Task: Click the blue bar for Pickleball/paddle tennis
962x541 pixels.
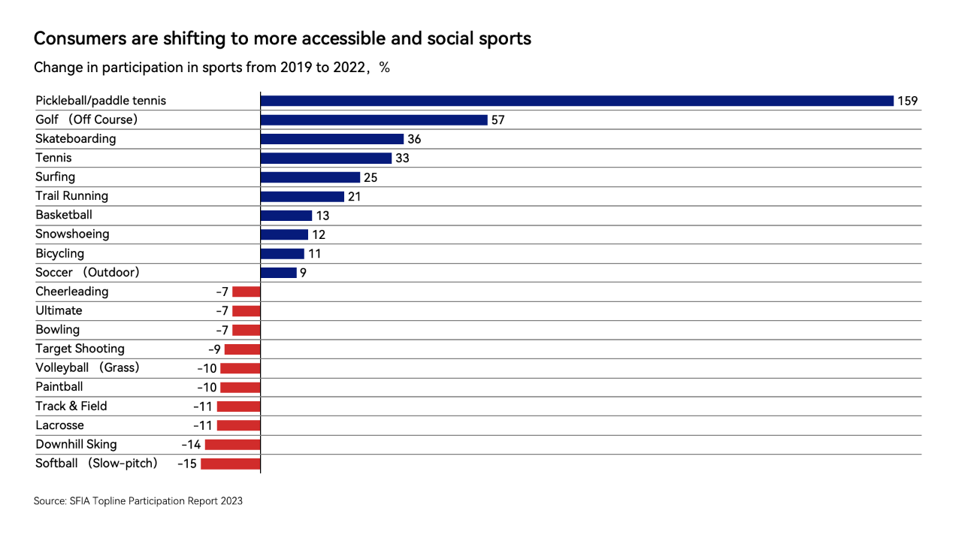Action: coord(576,101)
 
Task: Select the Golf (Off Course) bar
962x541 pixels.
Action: coord(374,119)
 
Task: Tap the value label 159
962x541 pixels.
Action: coord(907,101)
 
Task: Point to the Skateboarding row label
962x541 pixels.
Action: coord(76,139)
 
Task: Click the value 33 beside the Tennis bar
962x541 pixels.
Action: coord(402,158)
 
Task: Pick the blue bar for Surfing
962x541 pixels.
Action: coord(310,177)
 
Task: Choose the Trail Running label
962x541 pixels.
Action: coord(71,196)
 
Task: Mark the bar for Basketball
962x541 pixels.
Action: coord(286,216)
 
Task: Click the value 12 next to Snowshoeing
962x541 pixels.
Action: coord(319,234)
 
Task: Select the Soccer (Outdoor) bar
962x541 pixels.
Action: coord(278,273)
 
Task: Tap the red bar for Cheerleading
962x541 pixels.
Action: coord(246,292)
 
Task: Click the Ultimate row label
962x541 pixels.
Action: coord(59,310)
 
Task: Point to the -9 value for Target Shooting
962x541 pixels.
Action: coord(214,349)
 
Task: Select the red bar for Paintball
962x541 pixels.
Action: coord(240,387)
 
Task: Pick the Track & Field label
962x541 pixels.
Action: coord(71,406)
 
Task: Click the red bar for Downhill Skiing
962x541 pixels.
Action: coord(232,445)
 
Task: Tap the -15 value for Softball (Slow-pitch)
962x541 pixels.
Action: coord(187,464)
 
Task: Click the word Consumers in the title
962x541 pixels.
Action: coord(80,38)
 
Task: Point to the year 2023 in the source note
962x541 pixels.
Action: coord(232,501)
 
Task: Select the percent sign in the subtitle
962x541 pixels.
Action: coord(384,68)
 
